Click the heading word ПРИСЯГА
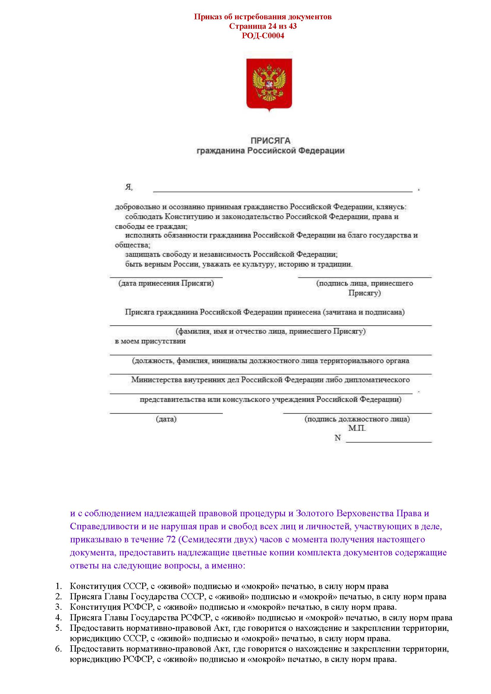pyautogui.click(x=270, y=141)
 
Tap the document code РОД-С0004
pyautogui.click(x=263, y=36)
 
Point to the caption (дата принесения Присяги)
pyautogui.click(x=166, y=283)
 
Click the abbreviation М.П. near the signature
pyautogui.click(x=357, y=428)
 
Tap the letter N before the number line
pyautogui.click(x=338, y=438)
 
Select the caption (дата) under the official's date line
pyautogui.click(x=166, y=419)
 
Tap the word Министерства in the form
pyautogui.click(x=156, y=380)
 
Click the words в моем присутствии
pyautogui.click(x=150, y=341)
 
